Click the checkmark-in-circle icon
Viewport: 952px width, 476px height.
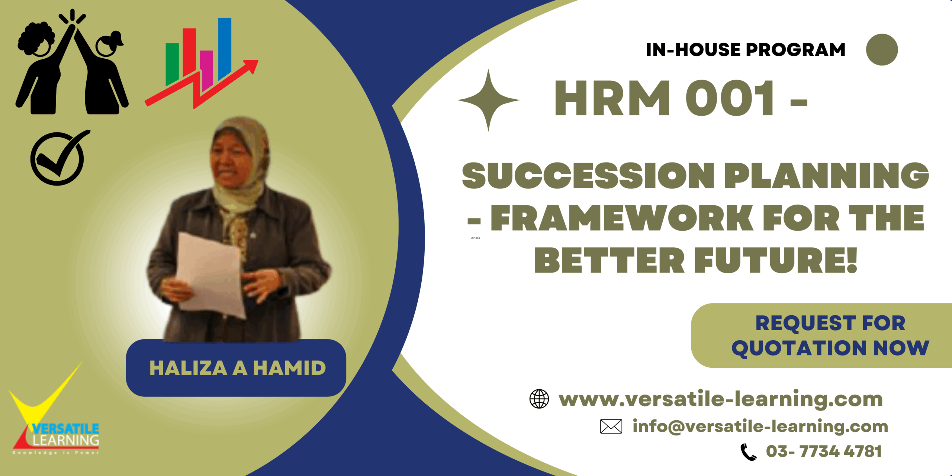coord(58,159)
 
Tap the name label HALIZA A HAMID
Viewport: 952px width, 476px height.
coord(237,368)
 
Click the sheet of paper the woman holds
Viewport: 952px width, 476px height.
coord(210,275)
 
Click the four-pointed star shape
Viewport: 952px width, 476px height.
coord(488,100)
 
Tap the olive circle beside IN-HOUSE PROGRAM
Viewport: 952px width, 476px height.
coord(882,50)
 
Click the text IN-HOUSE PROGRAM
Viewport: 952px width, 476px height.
coord(745,50)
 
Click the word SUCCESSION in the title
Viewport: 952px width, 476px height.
coord(588,176)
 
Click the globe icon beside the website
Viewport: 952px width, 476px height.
coord(539,399)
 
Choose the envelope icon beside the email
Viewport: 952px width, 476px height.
coord(611,426)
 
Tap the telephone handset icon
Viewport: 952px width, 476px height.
coord(748,452)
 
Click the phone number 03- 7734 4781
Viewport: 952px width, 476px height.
coord(823,451)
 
